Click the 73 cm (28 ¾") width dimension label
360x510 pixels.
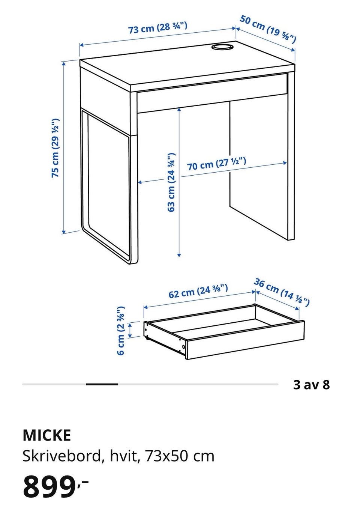pyautogui.click(x=158, y=28)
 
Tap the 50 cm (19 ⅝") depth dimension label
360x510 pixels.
pyautogui.click(x=268, y=29)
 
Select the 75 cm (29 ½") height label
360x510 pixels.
pyautogui.click(x=55, y=148)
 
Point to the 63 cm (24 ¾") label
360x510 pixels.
pyautogui.click(x=171, y=182)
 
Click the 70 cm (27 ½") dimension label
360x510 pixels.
pyautogui.click(x=217, y=163)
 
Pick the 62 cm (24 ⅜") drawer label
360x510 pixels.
pyautogui.click(x=198, y=291)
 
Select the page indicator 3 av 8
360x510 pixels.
pyautogui.click(x=311, y=385)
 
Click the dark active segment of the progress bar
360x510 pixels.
pyautogui.click(x=102, y=384)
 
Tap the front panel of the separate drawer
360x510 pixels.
pyautogui.click(x=245, y=340)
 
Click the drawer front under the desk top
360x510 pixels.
pyautogui.click(x=212, y=92)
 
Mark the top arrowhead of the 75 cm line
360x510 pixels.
pyautogui.click(x=64, y=63)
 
